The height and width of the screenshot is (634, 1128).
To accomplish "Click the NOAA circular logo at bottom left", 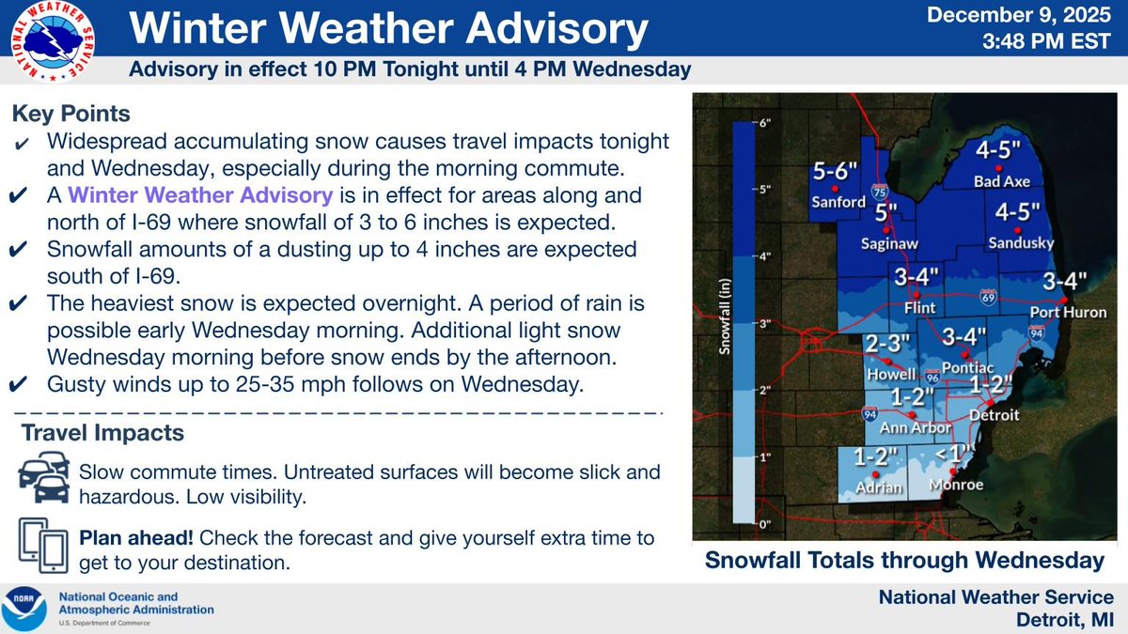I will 26,609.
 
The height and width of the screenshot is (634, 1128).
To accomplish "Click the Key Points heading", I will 70,114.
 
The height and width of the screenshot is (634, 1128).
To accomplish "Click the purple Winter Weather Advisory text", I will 201,196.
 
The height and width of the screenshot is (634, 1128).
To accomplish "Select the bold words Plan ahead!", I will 137,539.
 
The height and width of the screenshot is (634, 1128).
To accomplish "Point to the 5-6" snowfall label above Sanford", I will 836,173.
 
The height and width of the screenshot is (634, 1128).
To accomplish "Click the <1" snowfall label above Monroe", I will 956,455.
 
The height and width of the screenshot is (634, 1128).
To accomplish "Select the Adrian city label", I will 879,487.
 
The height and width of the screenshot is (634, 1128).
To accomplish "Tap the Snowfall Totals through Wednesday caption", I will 904,561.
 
